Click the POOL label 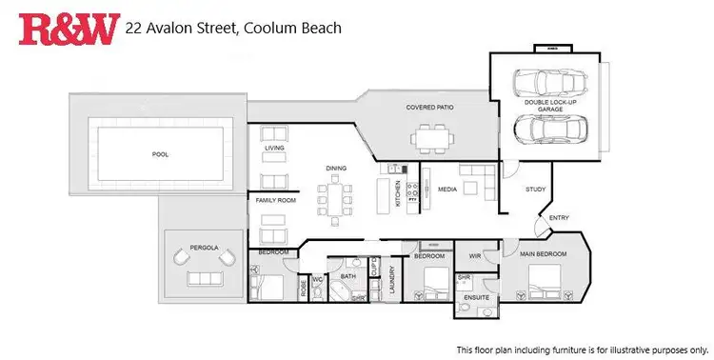click(159, 153)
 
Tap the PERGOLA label click(203, 248)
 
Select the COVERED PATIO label click(429, 108)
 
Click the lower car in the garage click(550, 130)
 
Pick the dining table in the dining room click(336, 197)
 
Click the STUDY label click(536, 189)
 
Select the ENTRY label click(559, 218)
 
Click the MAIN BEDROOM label click(544, 254)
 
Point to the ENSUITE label click(476, 297)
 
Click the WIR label click(475, 255)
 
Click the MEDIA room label click(447, 190)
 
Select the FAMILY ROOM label click(276, 201)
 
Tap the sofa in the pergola click(204, 277)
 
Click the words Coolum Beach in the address click(293, 28)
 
